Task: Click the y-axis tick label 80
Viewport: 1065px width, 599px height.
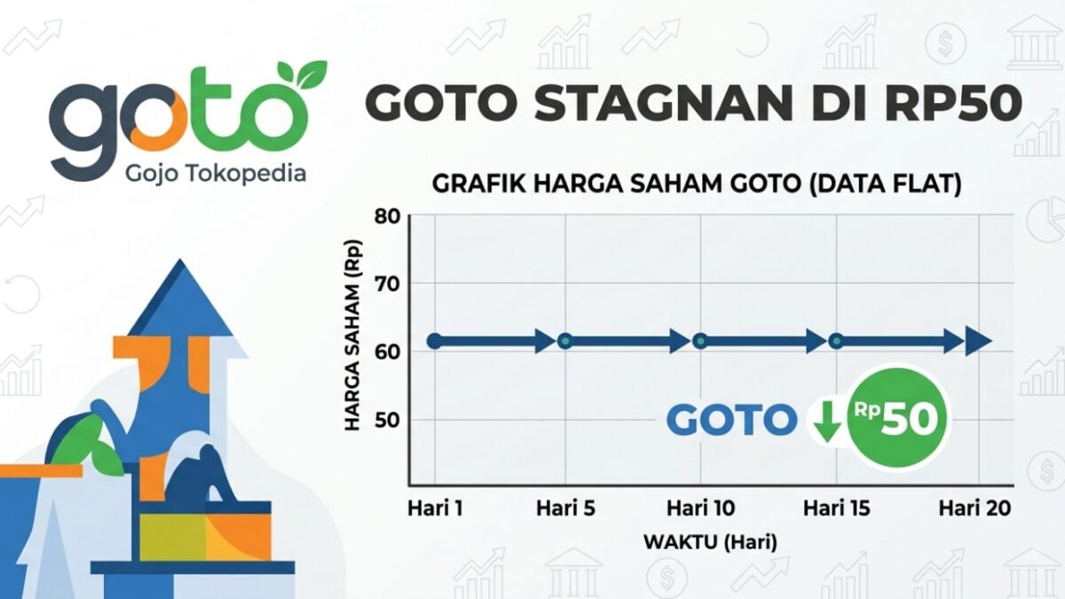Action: click(388, 217)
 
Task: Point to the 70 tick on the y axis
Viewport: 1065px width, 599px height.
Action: click(388, 284)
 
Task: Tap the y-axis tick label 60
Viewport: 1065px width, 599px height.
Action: click(388, 351)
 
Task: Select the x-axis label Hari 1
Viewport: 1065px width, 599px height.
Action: click(435, 508)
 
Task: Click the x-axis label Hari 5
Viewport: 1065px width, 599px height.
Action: click(566, 508)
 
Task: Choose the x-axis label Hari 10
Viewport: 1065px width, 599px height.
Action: click(701, 508)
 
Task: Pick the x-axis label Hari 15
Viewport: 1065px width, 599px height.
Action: click(837, 508)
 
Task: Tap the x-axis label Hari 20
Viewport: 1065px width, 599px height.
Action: click(974, 508)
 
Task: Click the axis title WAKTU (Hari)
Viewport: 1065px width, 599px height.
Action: click(710, 542)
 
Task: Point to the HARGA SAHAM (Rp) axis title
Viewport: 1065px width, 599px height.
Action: click(353, 335)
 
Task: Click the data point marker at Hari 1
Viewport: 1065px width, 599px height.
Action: click(435, 341)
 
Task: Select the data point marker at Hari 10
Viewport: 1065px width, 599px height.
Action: click(700, 341)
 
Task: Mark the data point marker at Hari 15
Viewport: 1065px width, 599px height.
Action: click(836, 341)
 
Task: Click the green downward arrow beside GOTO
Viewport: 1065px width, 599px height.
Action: click(828, 421)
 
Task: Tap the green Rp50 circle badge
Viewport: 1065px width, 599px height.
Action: click(897, 418)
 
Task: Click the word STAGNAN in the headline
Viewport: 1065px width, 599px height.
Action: click(663, 103)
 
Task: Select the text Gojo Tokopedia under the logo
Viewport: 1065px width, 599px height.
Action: click(216, 174)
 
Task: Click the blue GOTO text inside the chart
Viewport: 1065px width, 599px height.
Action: click(731, 421)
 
